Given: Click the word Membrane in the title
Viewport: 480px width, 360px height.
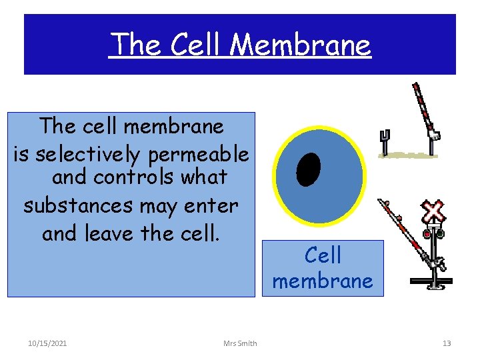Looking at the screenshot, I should (301, 45).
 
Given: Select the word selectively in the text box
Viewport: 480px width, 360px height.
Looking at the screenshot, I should (87, 155).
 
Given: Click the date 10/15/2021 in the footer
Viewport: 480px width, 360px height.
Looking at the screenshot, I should (47, 343).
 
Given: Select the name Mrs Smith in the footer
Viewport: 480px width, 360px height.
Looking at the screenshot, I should (241, 343).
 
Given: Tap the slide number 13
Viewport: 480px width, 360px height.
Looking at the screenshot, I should (447, 343).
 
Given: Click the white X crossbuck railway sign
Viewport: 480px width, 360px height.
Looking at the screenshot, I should (434, 212).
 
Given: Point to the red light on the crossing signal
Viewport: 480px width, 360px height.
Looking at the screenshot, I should (427, 234).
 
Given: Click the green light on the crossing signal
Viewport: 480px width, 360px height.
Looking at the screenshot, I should (441, 234).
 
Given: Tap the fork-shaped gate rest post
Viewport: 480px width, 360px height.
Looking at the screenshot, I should (384, 141).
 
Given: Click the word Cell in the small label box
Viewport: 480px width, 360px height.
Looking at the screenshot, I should (323, 255).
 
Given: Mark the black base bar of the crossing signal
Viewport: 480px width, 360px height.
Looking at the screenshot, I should (431, 281).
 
